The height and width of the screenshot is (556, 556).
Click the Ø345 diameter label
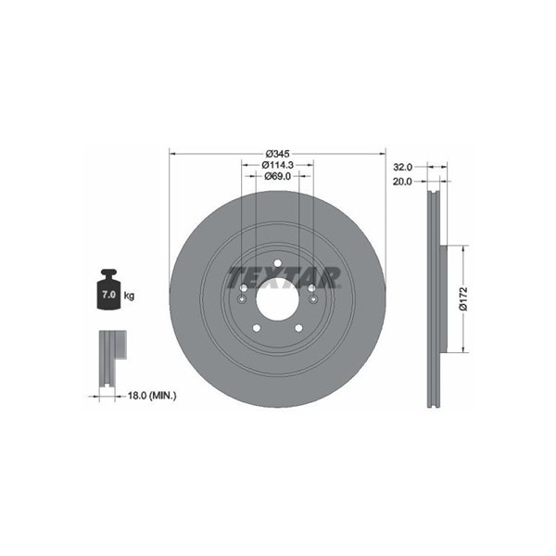[278, 154]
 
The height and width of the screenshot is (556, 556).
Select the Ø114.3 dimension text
[278, 165]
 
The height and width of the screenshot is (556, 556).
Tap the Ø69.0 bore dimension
[278, 176]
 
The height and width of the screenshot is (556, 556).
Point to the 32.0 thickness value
[403, 166]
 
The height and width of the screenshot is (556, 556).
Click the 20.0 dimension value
[403, 182]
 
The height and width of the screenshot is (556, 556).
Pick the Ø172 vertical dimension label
[463, 299]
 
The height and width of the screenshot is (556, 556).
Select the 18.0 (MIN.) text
[152, 396]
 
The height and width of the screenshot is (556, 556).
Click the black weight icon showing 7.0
[108, 289]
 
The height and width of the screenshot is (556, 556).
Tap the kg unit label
[129, 295]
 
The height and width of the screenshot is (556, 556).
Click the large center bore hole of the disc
[277, 299]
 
